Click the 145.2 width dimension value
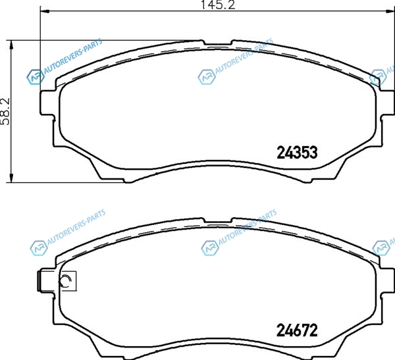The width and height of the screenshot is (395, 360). click(x=218, y=5)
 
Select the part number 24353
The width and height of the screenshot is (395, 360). click(x=297, y=153)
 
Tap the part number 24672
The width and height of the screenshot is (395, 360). click(x=297, y=330)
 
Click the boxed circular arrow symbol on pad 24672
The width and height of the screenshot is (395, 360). click(x=68, y=280)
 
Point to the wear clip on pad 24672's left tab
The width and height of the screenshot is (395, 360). click(x=39, y=282)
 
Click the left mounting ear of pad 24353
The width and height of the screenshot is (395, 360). click(x=48, y=103)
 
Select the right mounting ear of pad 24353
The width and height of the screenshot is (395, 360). click(x=386, y=103)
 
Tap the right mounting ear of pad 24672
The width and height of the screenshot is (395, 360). click(x=386, y=280)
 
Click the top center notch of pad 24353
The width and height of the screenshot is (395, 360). click(x=217, y=43)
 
